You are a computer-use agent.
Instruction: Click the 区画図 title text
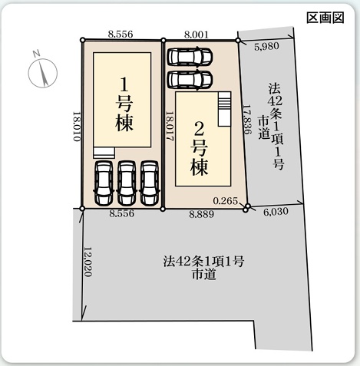click(325, 18)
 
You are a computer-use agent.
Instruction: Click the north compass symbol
click(42, 72)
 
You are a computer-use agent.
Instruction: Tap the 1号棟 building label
click(124, 104)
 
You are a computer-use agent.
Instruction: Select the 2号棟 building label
click(200, 148)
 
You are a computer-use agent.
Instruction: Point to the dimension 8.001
click(197, 35)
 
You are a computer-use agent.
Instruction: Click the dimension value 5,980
click(266, 46)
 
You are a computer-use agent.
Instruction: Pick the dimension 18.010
click(77, 127)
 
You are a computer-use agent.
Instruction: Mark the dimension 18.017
click(170, 127)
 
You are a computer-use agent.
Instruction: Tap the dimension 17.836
click(246, 119)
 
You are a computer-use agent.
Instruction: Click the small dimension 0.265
click(226, 201)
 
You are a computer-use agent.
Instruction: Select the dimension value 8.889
click(201, 214)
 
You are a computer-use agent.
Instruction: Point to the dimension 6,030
click(276, 212)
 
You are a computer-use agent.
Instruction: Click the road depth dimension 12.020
click(88, 262)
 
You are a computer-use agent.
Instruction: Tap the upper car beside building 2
click(190, 56)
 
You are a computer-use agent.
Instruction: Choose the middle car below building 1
click(127, 183)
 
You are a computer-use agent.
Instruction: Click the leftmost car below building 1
click(104, 183)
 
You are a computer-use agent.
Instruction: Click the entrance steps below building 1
click(104, 153)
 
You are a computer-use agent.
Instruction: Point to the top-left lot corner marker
click(82, 40)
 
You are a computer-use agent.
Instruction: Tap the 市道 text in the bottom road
click(204, 275)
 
